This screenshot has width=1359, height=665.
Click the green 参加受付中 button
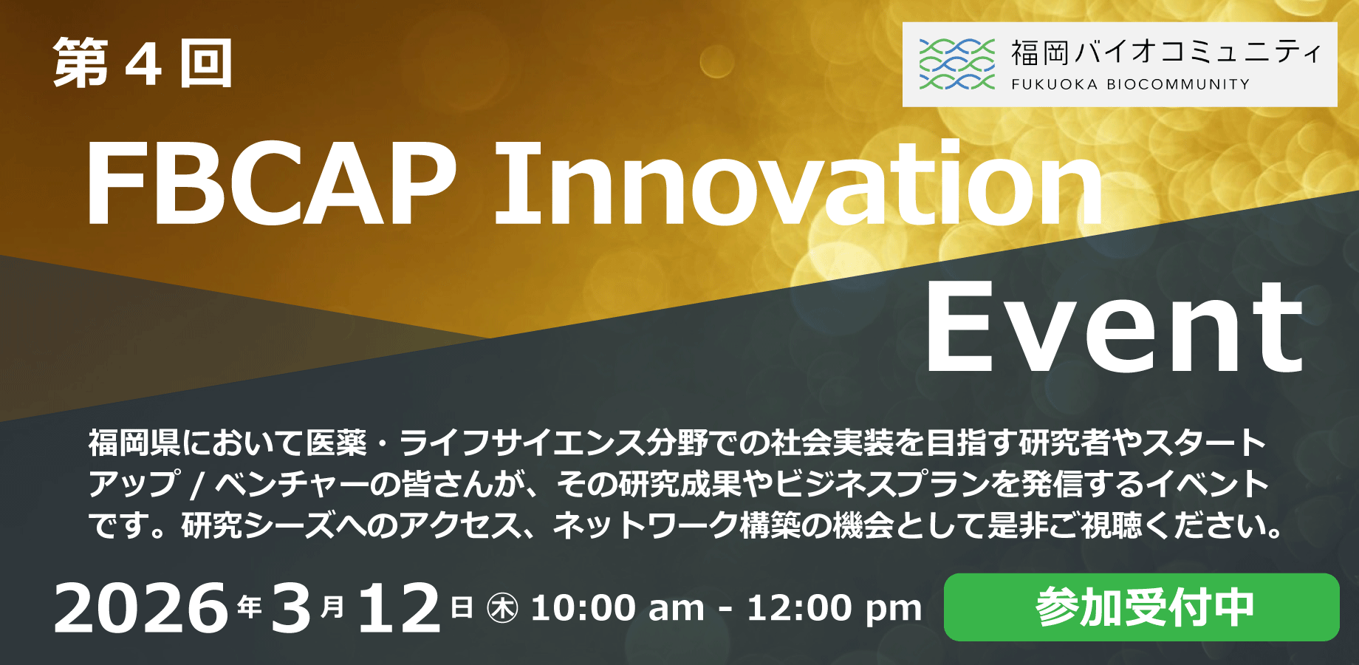pyautogui.click(x=1141, y=607)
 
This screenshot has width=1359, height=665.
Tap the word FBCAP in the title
pyautogui.click(x=271, y=183)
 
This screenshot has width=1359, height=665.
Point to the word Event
pyautogui.click(x=1115, y=327)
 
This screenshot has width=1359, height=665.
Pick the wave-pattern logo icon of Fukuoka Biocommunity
pyautogui.click(x=956, y=64)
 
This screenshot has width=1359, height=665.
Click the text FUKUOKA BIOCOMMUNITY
pyautogui.click(x=1130, y=84)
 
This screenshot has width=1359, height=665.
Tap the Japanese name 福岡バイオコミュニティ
pyautogui.click(x=1165, y=52)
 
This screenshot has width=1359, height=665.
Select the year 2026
pyautogui.click(x=141, y=608)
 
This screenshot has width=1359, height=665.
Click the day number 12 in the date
pyautogui.click(x=399, y=608)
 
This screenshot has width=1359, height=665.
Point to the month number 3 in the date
pyautogui.click(x=290, y=608)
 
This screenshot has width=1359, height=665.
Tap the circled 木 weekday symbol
pyautogui.click(x=503, y=609)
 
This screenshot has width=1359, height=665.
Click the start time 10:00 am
pyautogui.click(x=617, y=608)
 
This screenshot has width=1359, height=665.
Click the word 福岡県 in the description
pyautogui.click(x=134, y=443)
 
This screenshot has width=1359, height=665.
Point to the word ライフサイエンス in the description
pyautogui.click(x=521, y=443)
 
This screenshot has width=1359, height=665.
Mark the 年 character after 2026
pyautogui.click(x=250, y=607)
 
